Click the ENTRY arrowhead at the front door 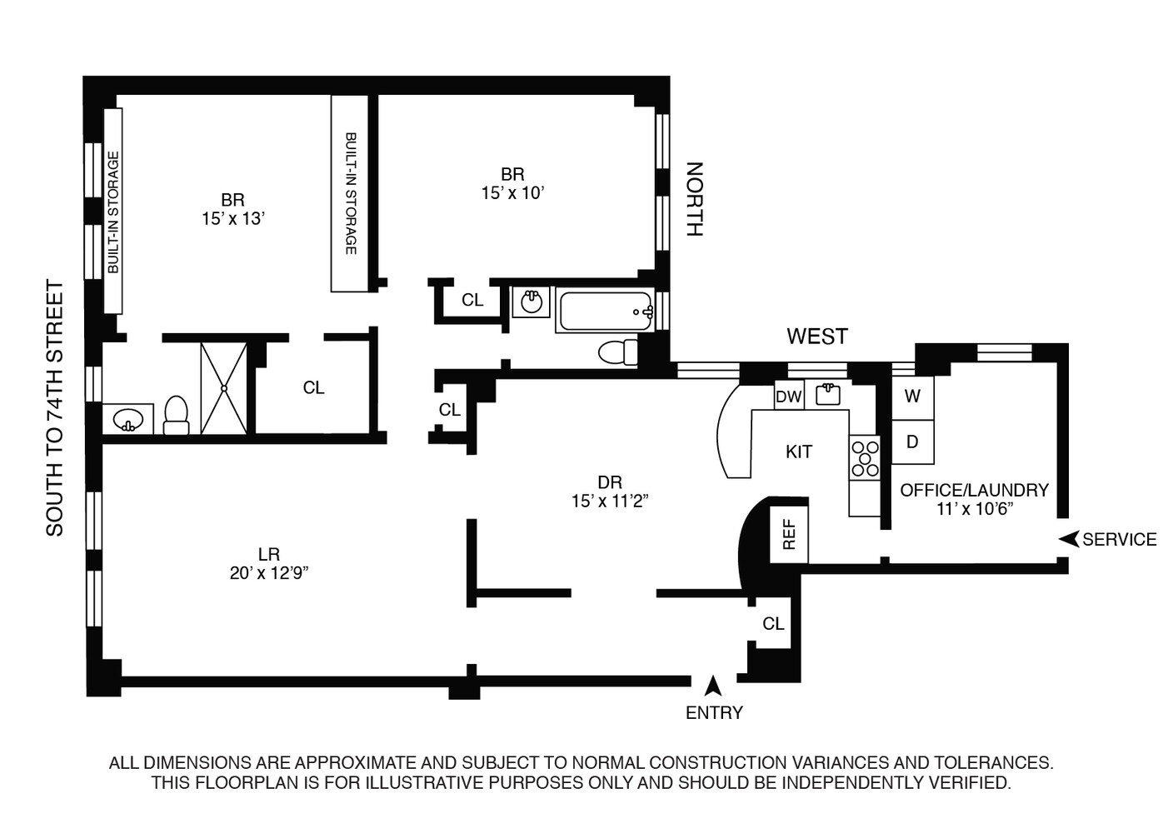(713, 686)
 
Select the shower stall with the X (224, 387)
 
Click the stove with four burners (865, 457)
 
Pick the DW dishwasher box (788, 397)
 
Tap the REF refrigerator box (789, 534)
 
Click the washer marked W (912, 397)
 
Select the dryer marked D (912, 441)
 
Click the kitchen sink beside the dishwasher (827, 394)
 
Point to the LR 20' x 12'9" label (268, 563)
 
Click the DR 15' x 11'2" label (610, 491)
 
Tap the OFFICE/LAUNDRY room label (973, 499)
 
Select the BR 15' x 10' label (512, 183)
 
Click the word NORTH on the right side (694, 200)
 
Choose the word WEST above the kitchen (816, 337)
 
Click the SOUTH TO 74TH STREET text (55, 408)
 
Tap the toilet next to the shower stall (177, 415)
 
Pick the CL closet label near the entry (773, 624)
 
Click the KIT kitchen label (798, 452)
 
